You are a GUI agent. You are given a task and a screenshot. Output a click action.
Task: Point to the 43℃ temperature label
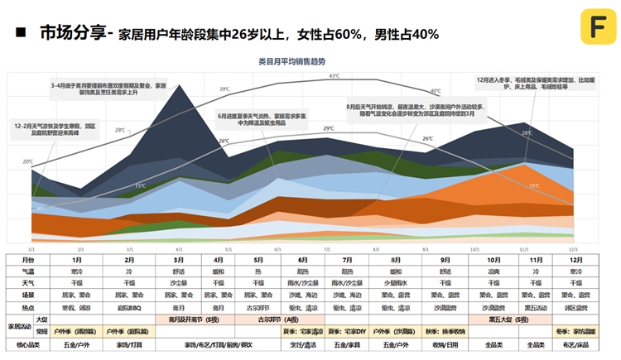coord(334,76)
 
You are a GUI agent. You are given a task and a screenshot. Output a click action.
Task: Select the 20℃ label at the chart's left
coord(27,161)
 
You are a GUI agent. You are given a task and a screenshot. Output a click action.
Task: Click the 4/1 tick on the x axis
coord(179,248)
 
